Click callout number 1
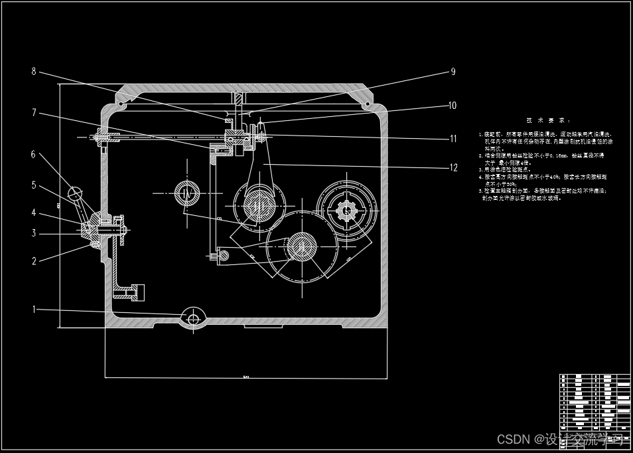click(35, 309)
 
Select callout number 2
click(35, 261)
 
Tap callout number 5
click(34, 186)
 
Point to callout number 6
click(33, 155)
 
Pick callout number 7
click(34, 113)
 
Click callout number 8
click(34, 71)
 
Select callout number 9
click(453, 71)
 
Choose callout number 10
click(453, 105)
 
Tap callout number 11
click(454, 139)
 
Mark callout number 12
click(454, 167)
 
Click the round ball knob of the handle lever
click(77, 194)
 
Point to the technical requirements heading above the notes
click(548, 120)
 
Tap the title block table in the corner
click(595, 402)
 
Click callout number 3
click(34, 233)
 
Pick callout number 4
click(34, 213)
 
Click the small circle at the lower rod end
click(224, 254)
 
